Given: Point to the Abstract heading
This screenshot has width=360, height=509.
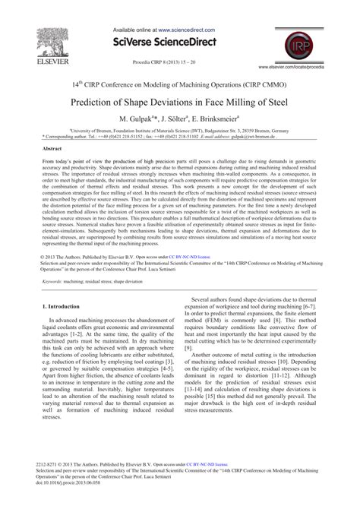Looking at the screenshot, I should [52, 149].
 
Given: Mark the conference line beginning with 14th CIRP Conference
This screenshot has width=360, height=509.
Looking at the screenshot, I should [180, 85].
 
